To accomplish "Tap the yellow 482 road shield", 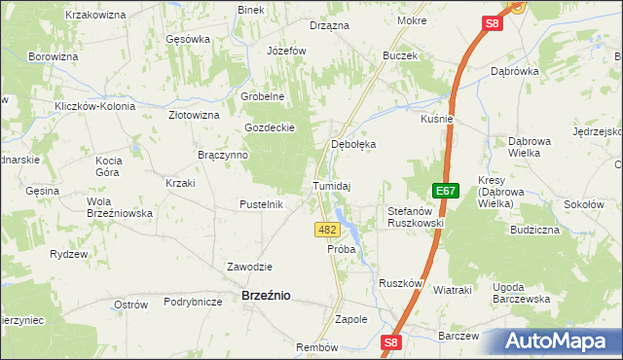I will (x=327, y=230).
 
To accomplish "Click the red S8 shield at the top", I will (x=492, y=23).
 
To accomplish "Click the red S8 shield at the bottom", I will (x=390, y=342).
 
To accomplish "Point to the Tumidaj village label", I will (x=331, y=186).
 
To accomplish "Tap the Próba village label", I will (x=341, y=249).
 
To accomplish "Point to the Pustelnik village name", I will (x=261, y=204).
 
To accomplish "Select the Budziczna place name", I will (x=533, y=230).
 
